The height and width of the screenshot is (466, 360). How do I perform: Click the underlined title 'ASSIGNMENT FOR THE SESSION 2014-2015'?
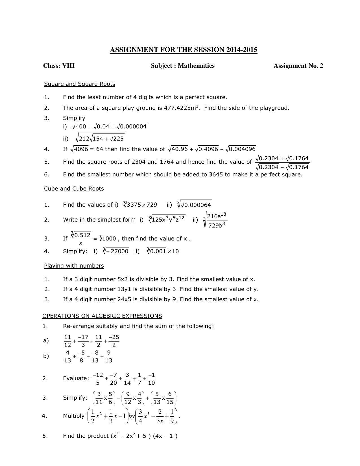click(x=184, y=50)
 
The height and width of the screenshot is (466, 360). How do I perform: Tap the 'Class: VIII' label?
click(x=59, y=66)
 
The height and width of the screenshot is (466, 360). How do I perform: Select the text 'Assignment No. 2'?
click(x=298, y=66)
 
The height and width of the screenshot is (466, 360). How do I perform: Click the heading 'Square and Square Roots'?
click(x=80, y=84)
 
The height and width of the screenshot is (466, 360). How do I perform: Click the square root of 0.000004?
click(x=132, y=126)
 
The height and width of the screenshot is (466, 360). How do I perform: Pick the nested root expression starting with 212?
click(x=100, y=138)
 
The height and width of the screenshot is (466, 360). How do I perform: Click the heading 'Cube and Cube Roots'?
click(x=74, y=189)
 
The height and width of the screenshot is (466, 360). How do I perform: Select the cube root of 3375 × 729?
click(x=140, y=204)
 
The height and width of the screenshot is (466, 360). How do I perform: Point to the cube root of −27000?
click(x=115, y=251)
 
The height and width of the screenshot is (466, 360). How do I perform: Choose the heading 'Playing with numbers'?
click(x=74, y=266)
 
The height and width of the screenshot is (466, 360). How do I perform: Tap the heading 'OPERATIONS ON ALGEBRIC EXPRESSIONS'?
click(x=102, y=316)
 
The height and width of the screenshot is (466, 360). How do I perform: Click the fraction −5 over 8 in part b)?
click(x=81, y=356)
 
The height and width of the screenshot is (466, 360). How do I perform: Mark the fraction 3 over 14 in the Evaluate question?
click(x=127, y=379)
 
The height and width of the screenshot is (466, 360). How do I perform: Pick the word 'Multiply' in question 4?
click(x=74, y=416)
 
